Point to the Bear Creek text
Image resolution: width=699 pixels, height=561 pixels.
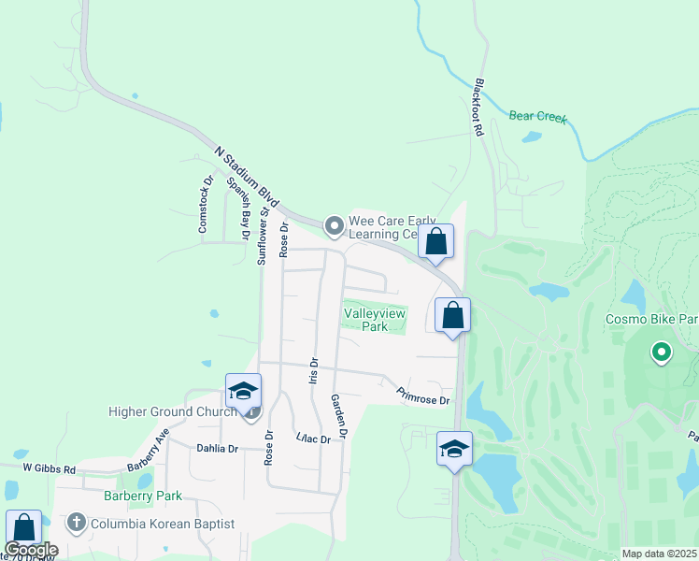tap(537, 117)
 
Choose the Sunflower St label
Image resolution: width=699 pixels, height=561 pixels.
tap(264, 235)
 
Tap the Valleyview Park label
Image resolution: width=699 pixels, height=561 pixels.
tap(375, 320)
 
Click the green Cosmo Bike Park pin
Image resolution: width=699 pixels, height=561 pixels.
tap(662, 352)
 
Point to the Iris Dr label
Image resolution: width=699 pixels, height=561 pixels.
tap(313, 371)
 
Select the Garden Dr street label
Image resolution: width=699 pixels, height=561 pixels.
tap(338, 416)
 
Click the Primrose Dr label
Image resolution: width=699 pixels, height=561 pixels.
tap(422, 396)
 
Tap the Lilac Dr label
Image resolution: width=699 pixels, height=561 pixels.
tap(313, 438)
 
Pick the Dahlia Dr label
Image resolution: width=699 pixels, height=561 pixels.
tap(217, 449)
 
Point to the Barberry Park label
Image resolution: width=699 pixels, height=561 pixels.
tap(143, 496)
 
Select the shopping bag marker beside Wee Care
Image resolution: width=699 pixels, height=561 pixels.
tap(435, 241)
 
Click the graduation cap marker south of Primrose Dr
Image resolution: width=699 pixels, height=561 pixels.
tap(454, 449)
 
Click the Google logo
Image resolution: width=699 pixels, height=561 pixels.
tap(31, 550)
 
